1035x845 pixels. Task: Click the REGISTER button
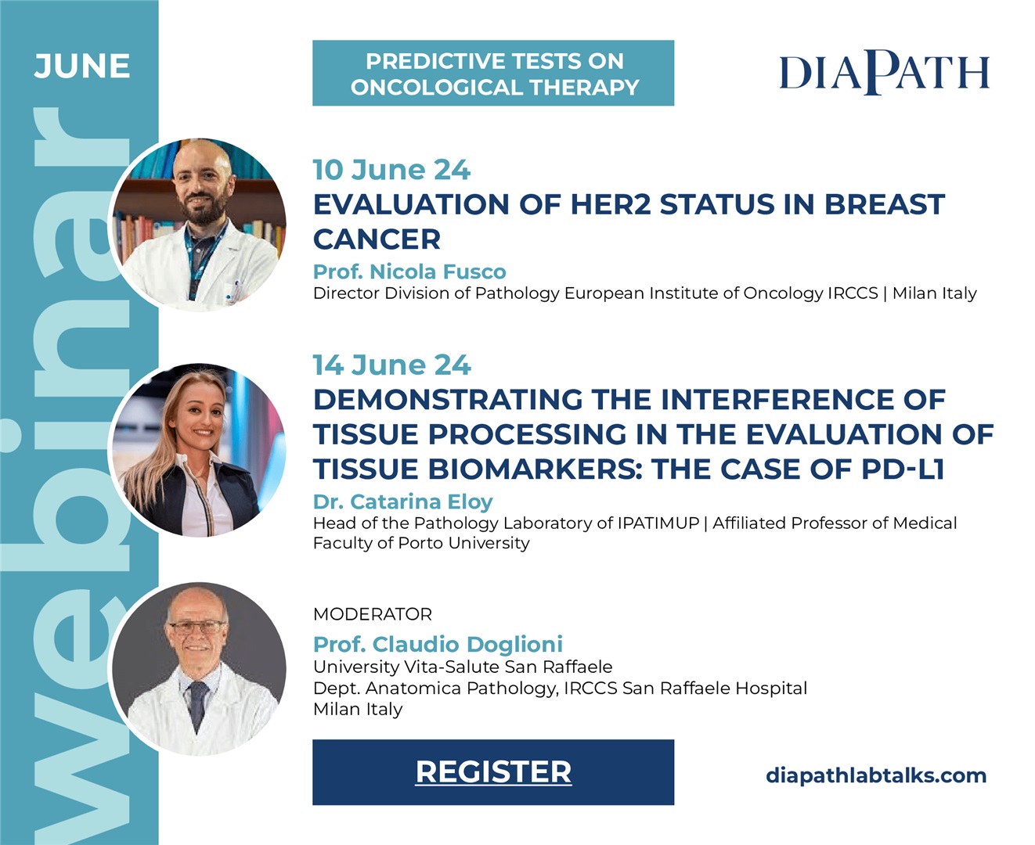(x=493, y=772)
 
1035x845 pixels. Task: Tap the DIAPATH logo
(x=884, y=73)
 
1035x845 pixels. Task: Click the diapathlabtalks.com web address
(x=876, y=775)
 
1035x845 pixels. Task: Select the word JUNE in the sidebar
(x=82, y=66)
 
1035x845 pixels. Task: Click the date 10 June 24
(x=391, y=170)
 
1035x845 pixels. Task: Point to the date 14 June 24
(x=391, y=365)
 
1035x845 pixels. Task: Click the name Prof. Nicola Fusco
(x=409, y=271)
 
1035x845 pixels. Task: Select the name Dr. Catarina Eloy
(x=403, y=502)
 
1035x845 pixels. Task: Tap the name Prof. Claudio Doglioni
(x=438, y=644)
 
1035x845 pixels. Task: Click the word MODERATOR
(x=373, y=614)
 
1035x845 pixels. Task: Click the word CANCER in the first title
(x=377, y=239)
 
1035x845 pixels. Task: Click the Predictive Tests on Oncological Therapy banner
(x=493, y=73)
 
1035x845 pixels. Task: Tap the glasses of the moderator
(x=197, y=627)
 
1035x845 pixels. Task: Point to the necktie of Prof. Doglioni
(x=198, y=707)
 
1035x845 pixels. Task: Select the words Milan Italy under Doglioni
(x=358, y=709)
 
